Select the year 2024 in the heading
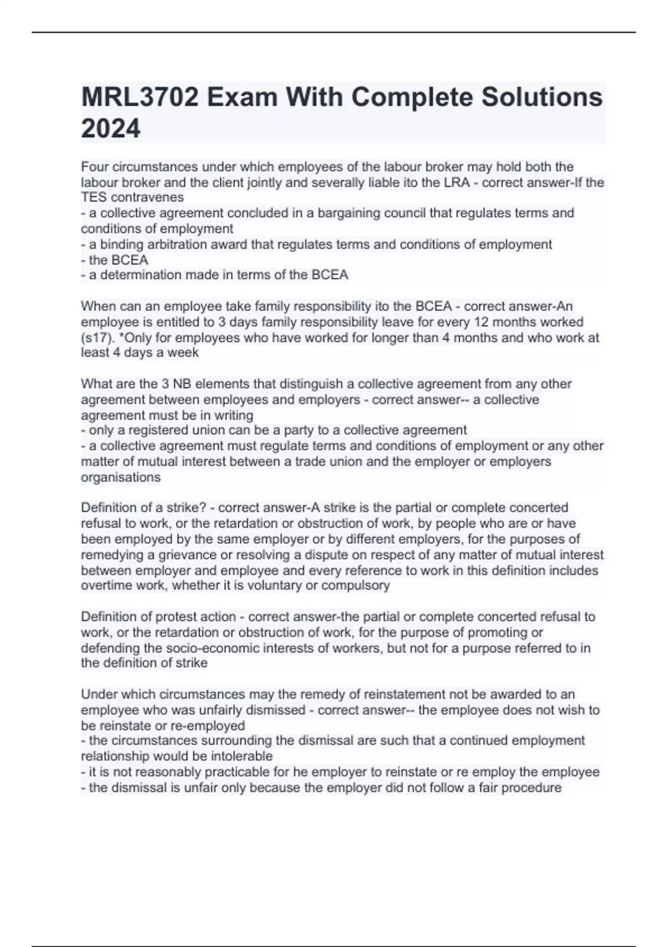click(x=111, y=129)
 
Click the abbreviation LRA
click(x=456, y=182)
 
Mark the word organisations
click(x=121, y=477)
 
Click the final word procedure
click(x=531, y=788)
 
